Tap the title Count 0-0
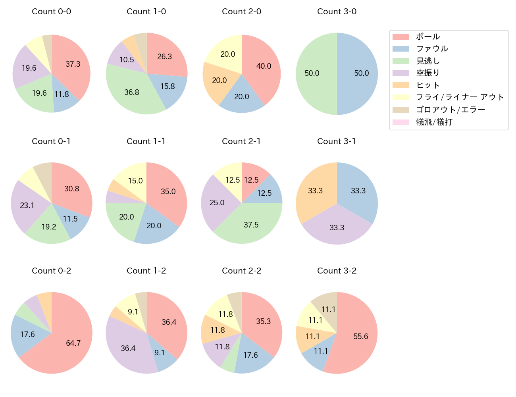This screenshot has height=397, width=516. (52, 12)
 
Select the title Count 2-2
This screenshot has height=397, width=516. (241, 271)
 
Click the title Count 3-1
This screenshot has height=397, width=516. (337, 141)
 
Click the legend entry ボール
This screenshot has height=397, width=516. (428, 37)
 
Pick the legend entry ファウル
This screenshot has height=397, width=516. (432, 49)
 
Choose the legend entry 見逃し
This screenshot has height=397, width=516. (428, 61)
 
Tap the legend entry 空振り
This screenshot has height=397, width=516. (428, 73)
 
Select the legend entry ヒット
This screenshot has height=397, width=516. (428, 85)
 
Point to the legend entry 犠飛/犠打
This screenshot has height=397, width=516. (434, 122)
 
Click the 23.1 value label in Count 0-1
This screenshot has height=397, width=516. (27, 205)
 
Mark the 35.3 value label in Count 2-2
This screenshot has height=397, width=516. (263, 321)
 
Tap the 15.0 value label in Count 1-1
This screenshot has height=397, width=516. (135, 181)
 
